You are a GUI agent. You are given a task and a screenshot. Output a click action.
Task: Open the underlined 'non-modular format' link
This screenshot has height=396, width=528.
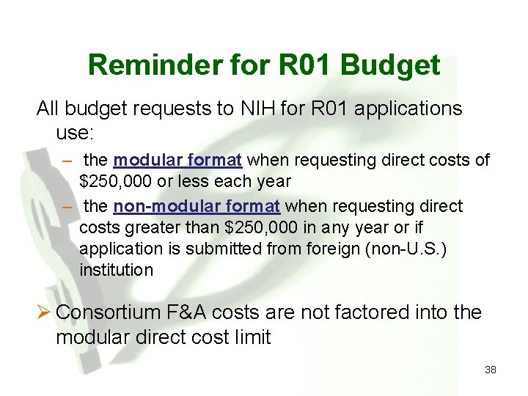(x=197, y=206)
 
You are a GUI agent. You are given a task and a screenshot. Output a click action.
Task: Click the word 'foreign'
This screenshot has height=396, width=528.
(x=320, y=249)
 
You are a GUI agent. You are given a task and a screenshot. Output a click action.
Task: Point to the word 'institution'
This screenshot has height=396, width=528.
(x=116, y=270)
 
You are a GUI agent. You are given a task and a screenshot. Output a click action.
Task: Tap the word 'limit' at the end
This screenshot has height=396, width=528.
(x=250, y=337)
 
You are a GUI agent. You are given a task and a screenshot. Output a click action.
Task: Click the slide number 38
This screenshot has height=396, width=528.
(x=490, y=370)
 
